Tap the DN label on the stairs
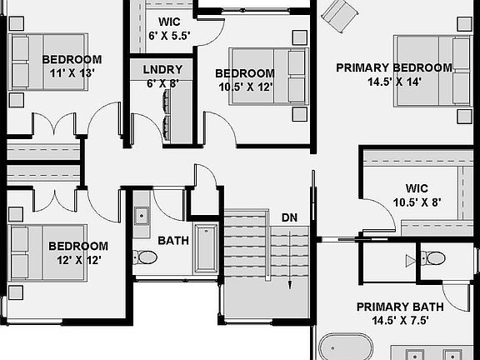(289, 217)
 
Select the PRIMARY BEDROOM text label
(393, 68)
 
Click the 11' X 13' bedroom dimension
(72, 72)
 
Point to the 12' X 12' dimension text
(77, 259)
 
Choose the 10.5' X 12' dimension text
(244, 87)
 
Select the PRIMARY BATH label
(399, 307)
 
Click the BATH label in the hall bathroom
(173, 241)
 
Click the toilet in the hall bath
(147, 257)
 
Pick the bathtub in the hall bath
(204, 247)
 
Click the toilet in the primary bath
(431, 257)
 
